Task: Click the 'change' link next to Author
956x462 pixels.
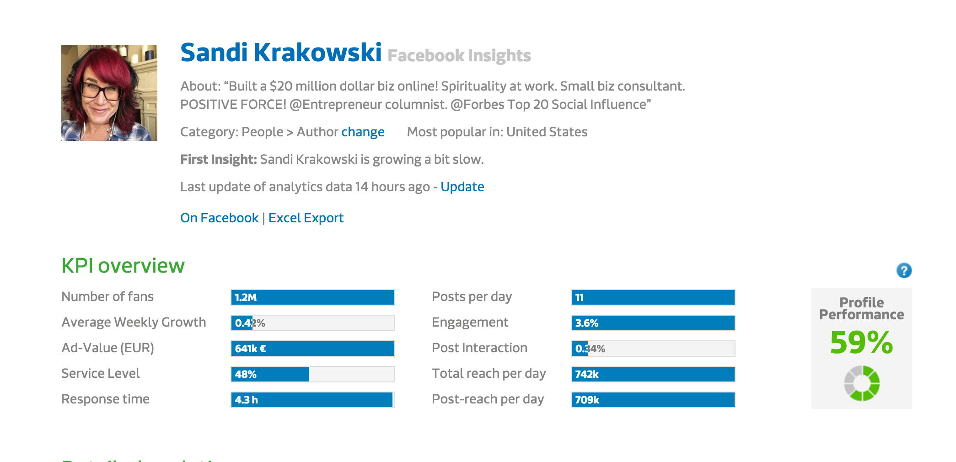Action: pos(362,132)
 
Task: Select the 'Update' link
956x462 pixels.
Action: pos(462,187)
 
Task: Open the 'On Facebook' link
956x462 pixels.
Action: pos(219,218)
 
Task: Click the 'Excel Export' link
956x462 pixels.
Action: pos(306,218)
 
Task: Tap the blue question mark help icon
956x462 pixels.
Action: pos(903,270)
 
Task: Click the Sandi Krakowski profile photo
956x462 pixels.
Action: pos(109,93)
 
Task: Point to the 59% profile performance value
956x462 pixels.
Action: pos(861,342)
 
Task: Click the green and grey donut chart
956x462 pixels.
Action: pos(861,383)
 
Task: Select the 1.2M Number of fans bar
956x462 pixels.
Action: pos(312,297)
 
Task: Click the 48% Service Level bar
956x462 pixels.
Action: pos(312,374)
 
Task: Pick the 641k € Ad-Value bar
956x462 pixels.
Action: pos(312,349)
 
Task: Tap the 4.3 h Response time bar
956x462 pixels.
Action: pos(312,400)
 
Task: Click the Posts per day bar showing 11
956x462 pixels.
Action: pos(653,297)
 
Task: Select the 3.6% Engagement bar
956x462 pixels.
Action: pos(653,323)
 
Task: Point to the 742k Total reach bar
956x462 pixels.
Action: pos(653,374)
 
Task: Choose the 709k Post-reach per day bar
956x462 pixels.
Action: pos(653,400)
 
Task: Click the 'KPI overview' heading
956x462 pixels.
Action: pos(123,266)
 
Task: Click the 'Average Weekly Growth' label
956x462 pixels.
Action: pos(134,322)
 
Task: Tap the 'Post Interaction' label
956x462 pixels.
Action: pos(479,348)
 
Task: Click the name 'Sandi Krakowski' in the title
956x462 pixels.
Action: pos(281,53)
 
